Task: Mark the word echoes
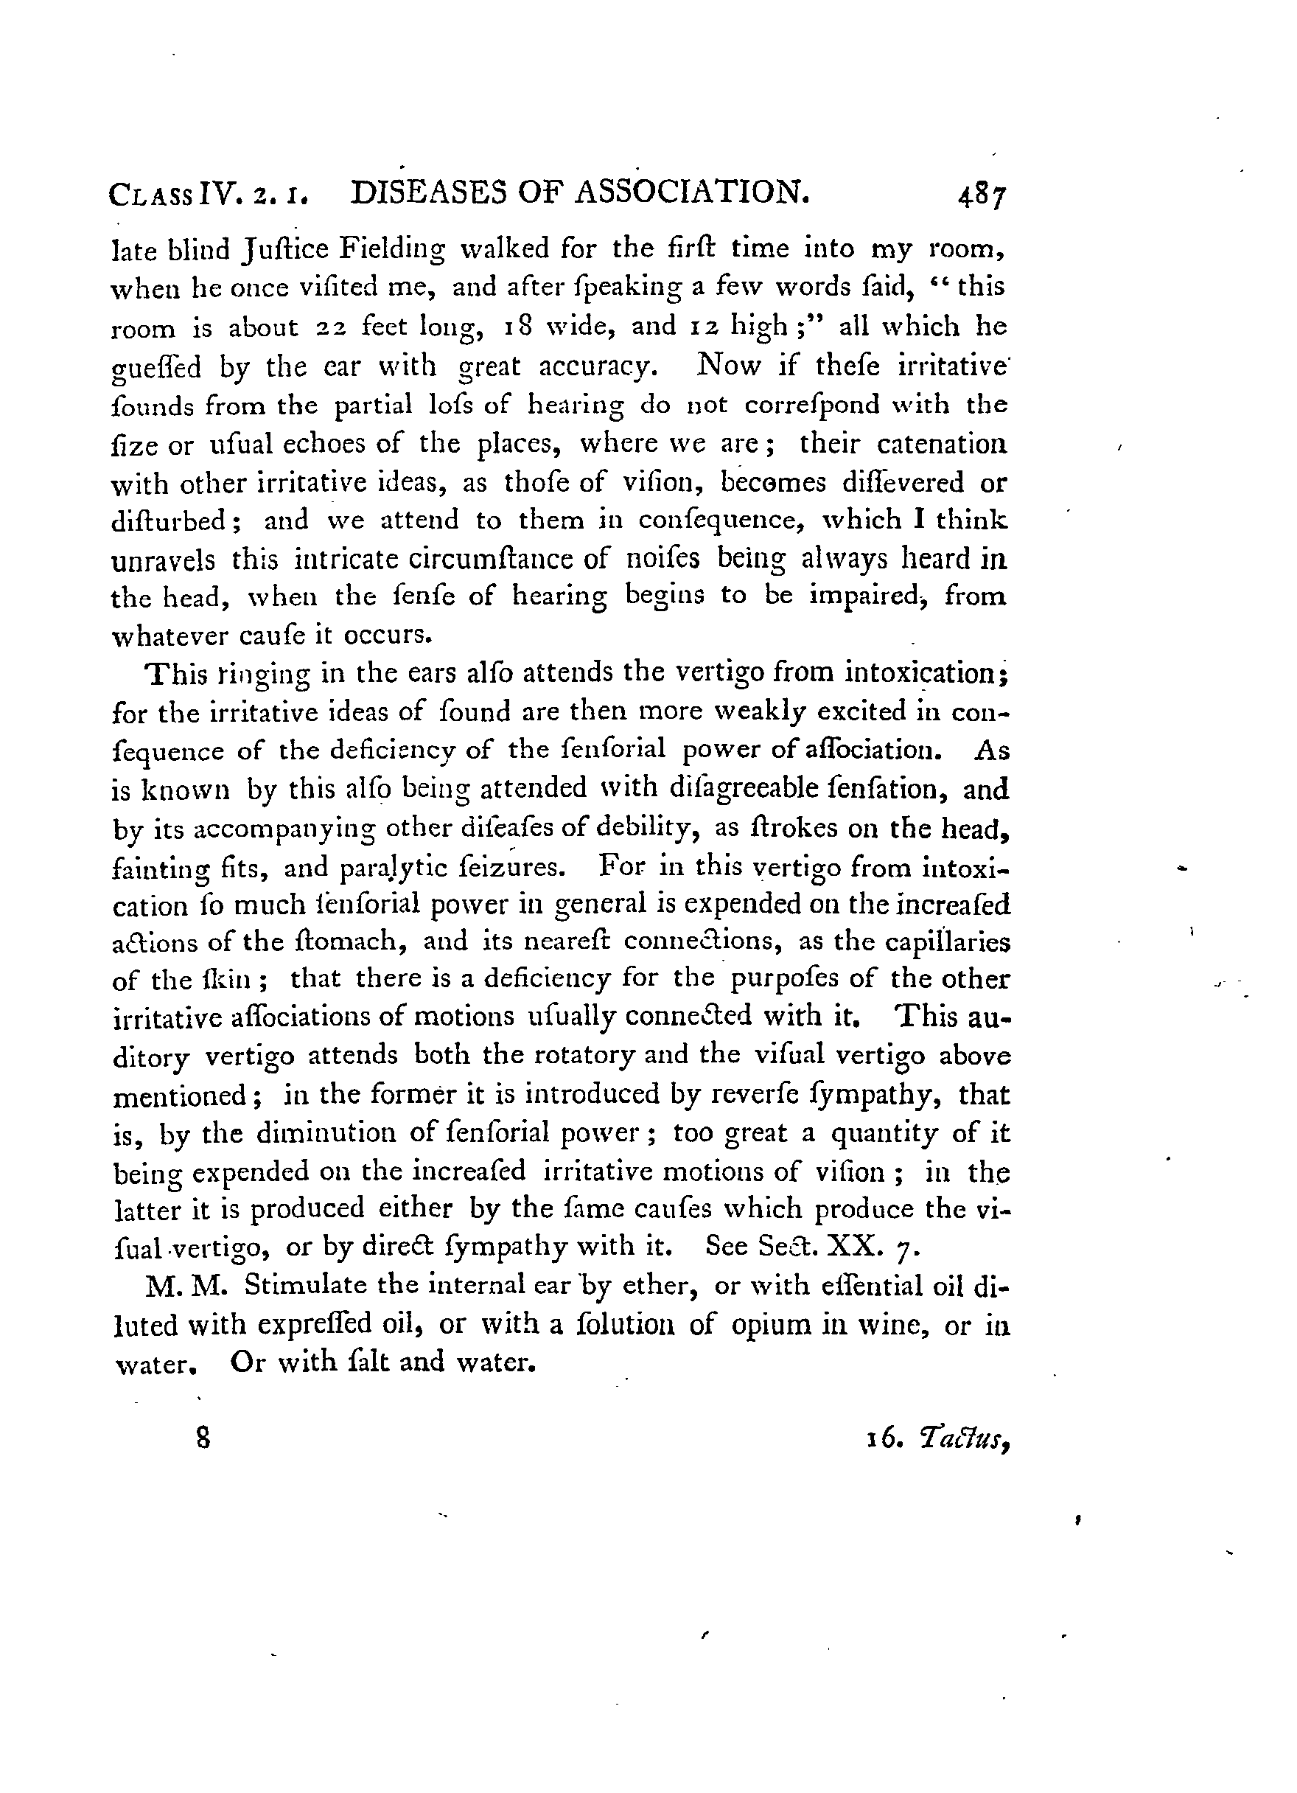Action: coord(323,444)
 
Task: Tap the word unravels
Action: coord(162,560)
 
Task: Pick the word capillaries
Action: coord(947,942)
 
